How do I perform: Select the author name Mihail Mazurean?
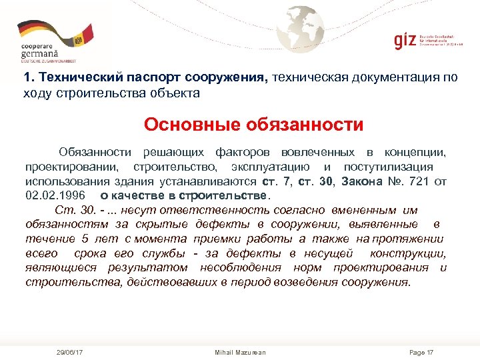click(240, 351)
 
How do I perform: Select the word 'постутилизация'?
click(388, 167)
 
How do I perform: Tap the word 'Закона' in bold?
click(363, 181)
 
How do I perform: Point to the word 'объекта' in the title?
click(177, 93)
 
